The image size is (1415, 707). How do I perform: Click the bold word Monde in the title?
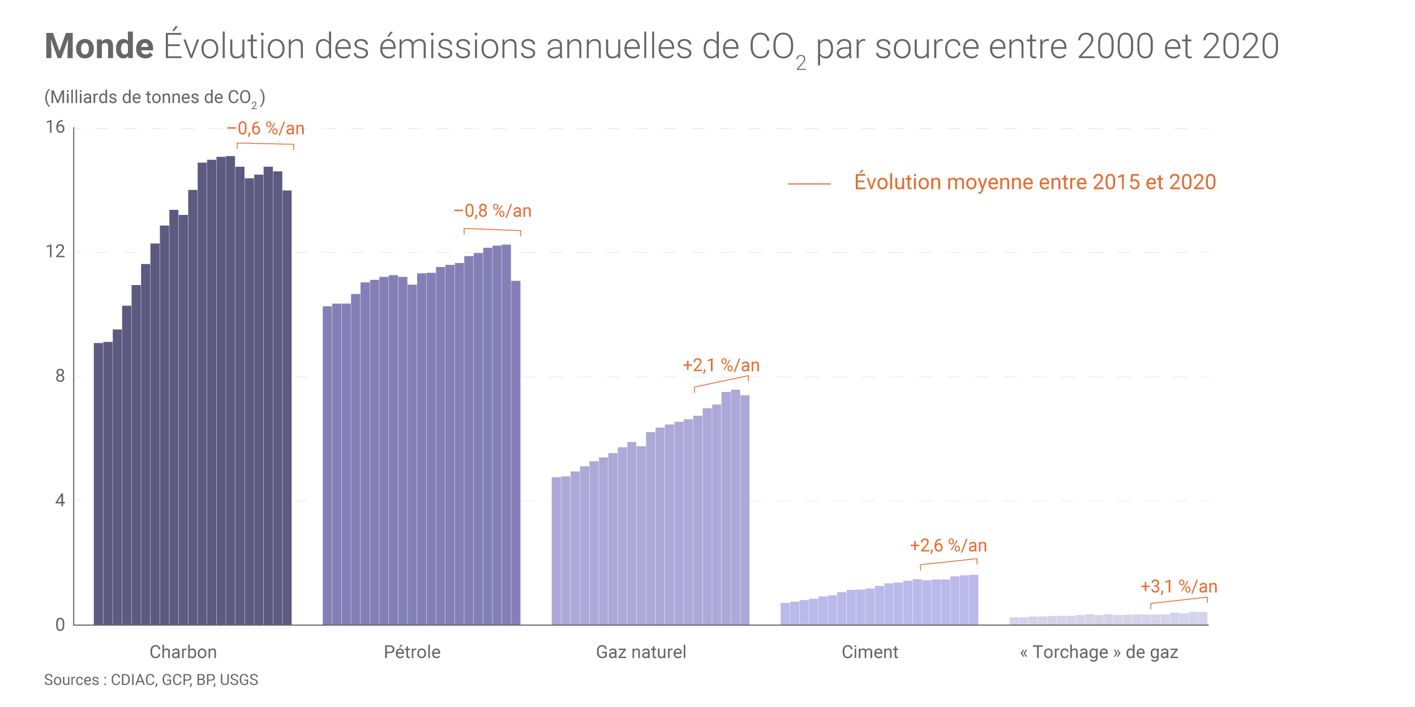coord(99,46)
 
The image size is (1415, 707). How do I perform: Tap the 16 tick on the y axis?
coord(55,127)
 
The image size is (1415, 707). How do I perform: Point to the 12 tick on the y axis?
coord(55,251)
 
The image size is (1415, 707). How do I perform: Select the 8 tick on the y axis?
coord(60,376)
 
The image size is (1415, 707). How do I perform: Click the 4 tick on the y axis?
coord(60,501)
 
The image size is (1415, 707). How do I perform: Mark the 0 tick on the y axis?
coord(60,625)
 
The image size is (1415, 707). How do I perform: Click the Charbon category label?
coord(183,652)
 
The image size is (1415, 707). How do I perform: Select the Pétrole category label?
coord(412,652)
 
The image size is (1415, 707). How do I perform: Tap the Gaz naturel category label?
coord(641,652)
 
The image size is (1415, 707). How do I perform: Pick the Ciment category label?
coord(870,652)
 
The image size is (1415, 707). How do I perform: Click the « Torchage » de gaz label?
coord(1099,652)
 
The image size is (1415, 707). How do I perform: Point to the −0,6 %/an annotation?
coord(265,129)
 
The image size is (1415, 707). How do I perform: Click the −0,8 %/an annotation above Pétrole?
coord(492,212)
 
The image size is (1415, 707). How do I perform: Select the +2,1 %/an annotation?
coord(721,365)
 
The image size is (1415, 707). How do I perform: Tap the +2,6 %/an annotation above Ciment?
coord(948,546)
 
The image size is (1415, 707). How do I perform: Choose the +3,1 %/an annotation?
coord(1178,587)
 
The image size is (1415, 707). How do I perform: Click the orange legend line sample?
coord(809,184)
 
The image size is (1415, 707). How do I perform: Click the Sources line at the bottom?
coord(151,680)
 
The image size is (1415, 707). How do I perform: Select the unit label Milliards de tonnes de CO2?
coord(155,98)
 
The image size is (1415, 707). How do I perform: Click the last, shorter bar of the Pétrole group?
coord(516,452)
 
